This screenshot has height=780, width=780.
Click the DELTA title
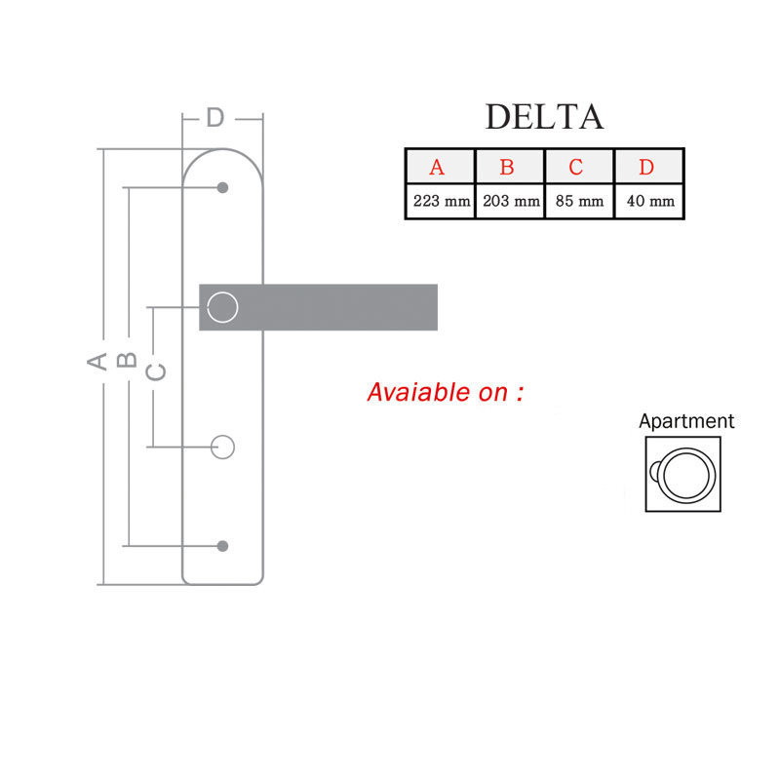click(x=544, y=116)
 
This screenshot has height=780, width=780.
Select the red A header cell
click(x=437, y=167)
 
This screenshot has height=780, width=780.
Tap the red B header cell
click(x=507, y=167)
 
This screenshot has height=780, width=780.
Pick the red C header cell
click(x=576, y=167)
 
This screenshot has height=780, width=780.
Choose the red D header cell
click(x=646, y=167)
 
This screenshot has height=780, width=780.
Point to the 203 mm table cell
click(x=511, y=202)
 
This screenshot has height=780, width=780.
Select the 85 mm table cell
click(x=579, y=202)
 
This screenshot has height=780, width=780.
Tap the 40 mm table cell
click(x=649, y=202)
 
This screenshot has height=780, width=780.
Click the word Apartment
click(x=686, y=422)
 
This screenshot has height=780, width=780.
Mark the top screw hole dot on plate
click(x=223, y=187)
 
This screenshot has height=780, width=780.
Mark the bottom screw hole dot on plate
click(x=223, y=545)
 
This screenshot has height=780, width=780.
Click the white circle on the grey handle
click(x=223, y=307)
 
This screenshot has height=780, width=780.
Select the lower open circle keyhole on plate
click(x=223, y=447)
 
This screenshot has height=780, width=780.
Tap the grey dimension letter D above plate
click(x=215, y=118)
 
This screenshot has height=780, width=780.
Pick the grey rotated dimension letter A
click(x=97, y=361)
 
